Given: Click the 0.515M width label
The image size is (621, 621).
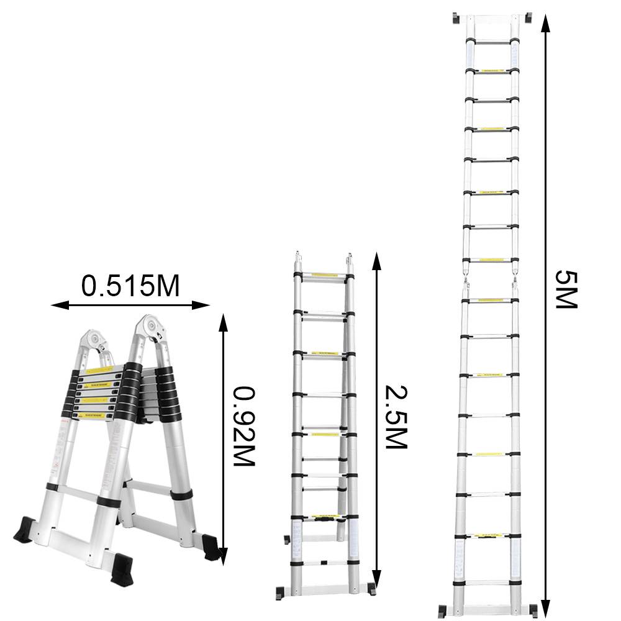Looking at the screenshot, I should point(130,286).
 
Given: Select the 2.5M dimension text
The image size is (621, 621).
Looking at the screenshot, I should point(394,417).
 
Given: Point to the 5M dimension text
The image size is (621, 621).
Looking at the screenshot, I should point(565,289).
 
